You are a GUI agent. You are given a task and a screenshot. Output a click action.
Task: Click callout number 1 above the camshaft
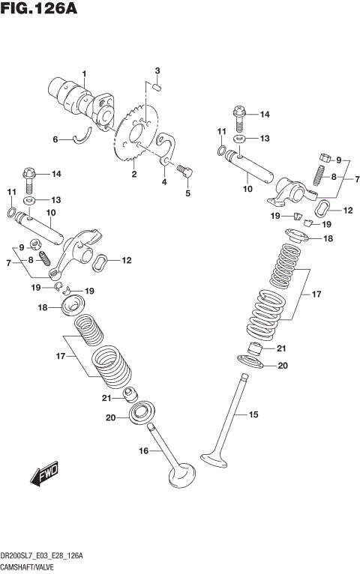point(85,73)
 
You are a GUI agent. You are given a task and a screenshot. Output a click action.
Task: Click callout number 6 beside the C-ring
point(55,139)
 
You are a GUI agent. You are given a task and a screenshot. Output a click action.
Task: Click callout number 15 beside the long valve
point(253,414)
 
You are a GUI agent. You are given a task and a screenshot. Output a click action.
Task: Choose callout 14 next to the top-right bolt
point(264,115)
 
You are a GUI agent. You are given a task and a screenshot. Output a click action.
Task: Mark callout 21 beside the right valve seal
point(281,348)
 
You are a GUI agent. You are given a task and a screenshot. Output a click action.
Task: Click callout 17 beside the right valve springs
point(316,294)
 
